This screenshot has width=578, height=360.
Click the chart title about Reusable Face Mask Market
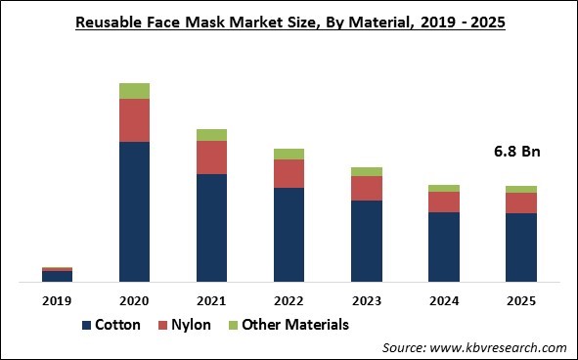click(x=289, y=22)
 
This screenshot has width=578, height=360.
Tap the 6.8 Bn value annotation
click(x=516, y=152)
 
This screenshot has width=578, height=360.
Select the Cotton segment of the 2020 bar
click(x=134, y=211)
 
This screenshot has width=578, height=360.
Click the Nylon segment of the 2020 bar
click(x=134, y=120)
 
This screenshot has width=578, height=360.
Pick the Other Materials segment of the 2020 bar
click(x=134, y=91)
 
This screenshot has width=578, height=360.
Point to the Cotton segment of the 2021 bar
click(x=211, y=228)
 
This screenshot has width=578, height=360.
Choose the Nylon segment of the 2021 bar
click(x=211, y=157)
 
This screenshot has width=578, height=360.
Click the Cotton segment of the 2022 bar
click(x=289, y=235)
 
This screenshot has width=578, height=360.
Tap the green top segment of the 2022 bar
click(x=289, y=154)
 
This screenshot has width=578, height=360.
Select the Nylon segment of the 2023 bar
click(x=366, y=188)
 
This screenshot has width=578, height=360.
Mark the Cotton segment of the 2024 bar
click(x=443, y=247)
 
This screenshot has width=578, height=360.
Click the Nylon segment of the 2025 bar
click(x=520, y=202)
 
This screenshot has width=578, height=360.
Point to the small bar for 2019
click(x=57, y=275)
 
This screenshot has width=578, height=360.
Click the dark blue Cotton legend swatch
click(x=87, y=325)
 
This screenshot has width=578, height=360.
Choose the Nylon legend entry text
click(x=192, y=325)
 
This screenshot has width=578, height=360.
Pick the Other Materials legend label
click(x=294, y=325)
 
